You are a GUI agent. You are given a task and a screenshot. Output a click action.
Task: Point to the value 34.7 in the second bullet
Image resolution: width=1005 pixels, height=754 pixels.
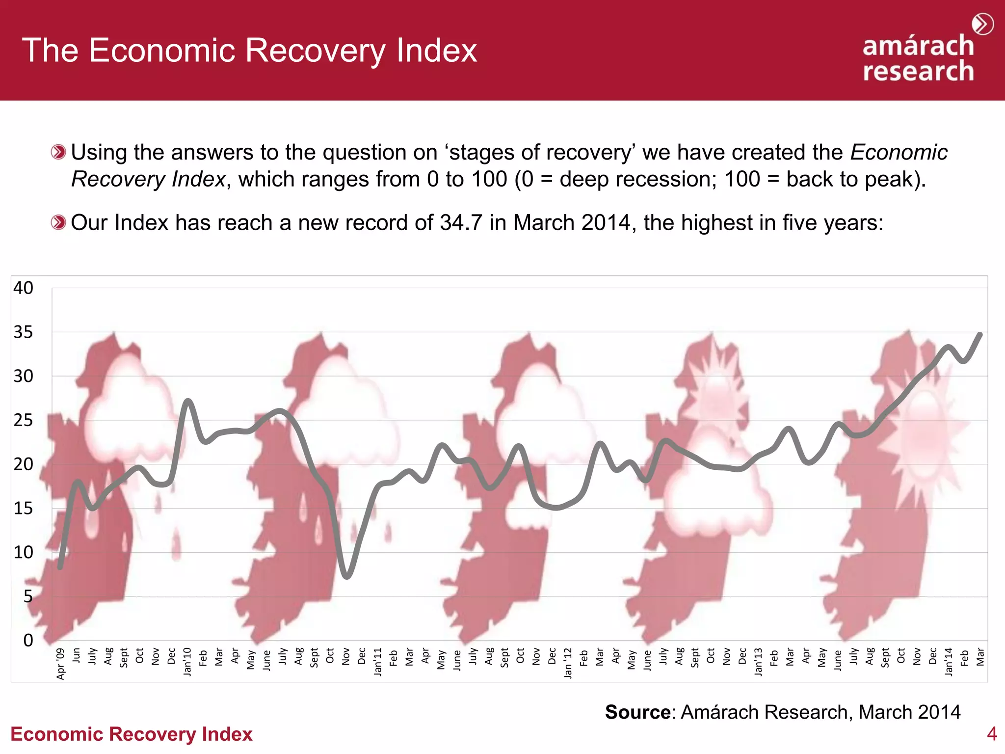tap(461, 223)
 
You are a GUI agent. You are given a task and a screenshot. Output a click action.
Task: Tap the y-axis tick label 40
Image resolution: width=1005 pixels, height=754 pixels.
tap(23, 288)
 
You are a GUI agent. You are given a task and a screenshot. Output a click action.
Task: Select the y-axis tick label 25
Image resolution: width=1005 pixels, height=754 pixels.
tap(23, 420)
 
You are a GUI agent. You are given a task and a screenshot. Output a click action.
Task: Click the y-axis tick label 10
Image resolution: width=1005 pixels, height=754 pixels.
tap(23, 552)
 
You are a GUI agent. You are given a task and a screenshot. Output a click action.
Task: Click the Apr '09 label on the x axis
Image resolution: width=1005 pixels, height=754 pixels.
tap(60, 663)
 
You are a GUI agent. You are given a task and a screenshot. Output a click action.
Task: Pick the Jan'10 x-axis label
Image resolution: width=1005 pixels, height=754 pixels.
tap(187, 661)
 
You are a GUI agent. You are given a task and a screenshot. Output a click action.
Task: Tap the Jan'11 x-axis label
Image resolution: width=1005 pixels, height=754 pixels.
tap(377, 661)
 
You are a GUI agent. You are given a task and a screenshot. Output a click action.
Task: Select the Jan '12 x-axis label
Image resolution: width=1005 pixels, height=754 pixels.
tap(568, 662)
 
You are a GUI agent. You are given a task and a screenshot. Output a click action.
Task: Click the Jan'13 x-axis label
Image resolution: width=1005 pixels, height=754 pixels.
tap(758, 661)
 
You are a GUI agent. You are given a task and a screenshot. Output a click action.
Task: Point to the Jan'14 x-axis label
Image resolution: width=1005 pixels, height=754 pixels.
tap(949, 661)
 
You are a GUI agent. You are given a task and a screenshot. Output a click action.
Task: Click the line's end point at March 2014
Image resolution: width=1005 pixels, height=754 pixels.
tap(980, 335)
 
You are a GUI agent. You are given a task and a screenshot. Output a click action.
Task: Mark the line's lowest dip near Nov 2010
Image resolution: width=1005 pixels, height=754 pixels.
tap(347, 576)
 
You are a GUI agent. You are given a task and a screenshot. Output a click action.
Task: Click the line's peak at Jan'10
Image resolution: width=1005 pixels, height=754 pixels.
tap(188, 401)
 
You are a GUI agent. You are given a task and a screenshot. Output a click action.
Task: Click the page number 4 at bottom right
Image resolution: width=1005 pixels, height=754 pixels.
tap(992, 734)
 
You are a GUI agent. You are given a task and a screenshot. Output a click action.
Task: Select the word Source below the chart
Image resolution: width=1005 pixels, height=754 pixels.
tap(637, 712)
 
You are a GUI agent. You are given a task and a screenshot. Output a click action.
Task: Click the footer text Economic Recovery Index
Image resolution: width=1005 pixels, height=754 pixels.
tap(131, 734)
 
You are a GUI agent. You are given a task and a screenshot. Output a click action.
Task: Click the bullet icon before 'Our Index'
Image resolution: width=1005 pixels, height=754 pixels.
tap(58, 223)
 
